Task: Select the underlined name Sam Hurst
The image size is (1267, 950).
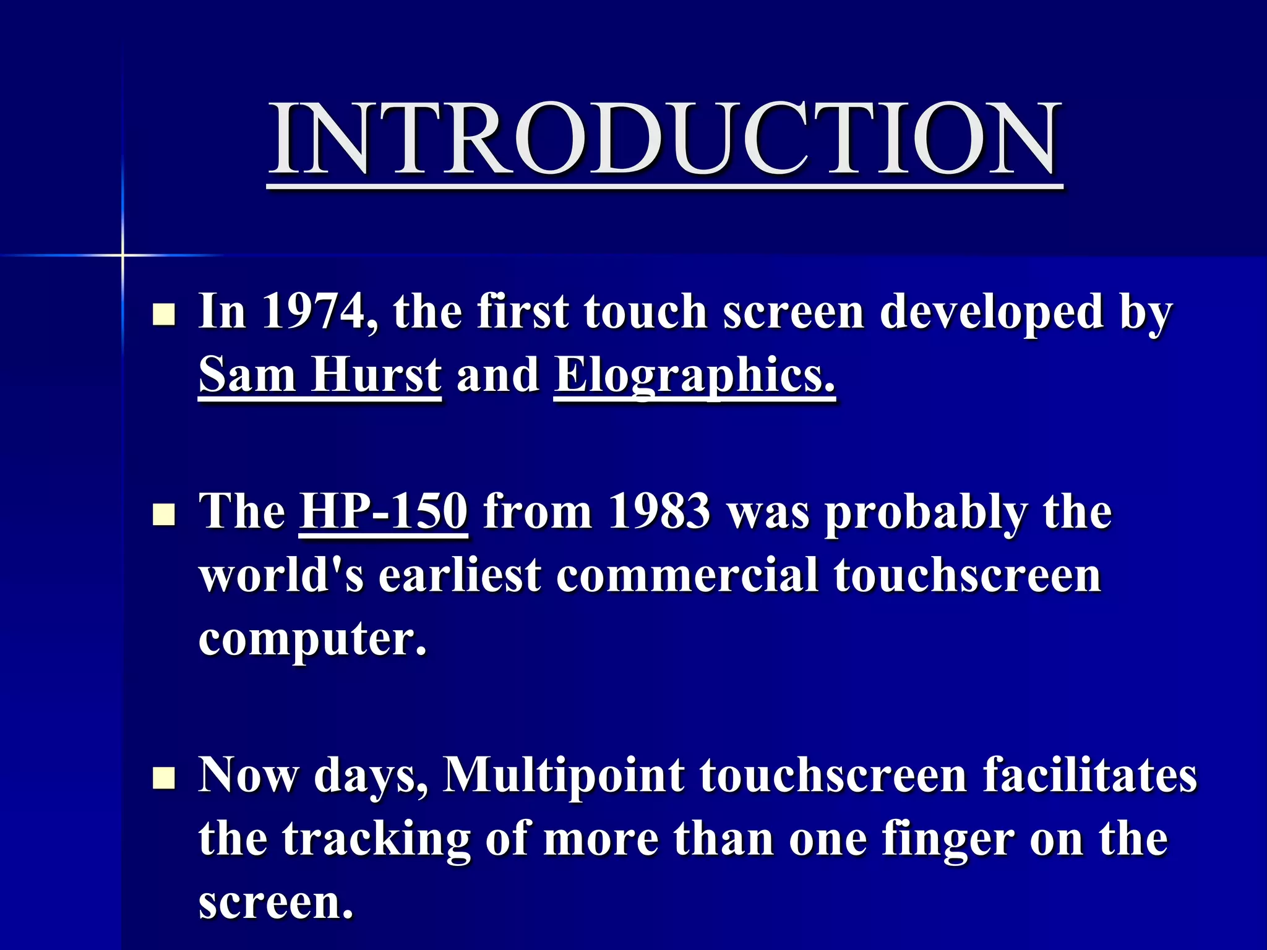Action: point(320,375)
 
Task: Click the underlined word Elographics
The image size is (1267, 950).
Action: point(694,375)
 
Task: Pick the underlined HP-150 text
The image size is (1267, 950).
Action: point(384,511)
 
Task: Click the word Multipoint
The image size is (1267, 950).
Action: point(564,775)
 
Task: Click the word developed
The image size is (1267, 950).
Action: point(992,311)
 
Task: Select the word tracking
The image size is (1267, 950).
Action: point(376,839)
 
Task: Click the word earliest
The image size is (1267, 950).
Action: point(460,575)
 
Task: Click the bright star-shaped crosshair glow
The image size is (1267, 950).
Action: point(122,255)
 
